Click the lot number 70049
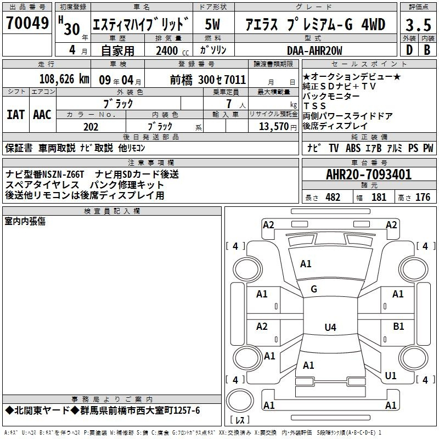(27, 22)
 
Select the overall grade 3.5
(418, 25)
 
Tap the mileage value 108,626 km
(64, 79)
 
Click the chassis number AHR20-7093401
(369, 175)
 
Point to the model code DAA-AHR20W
(314, 50)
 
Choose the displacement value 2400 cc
(172, 50)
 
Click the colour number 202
(91, 127)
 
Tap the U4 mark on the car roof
(330, 327)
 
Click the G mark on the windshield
(314, 289)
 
